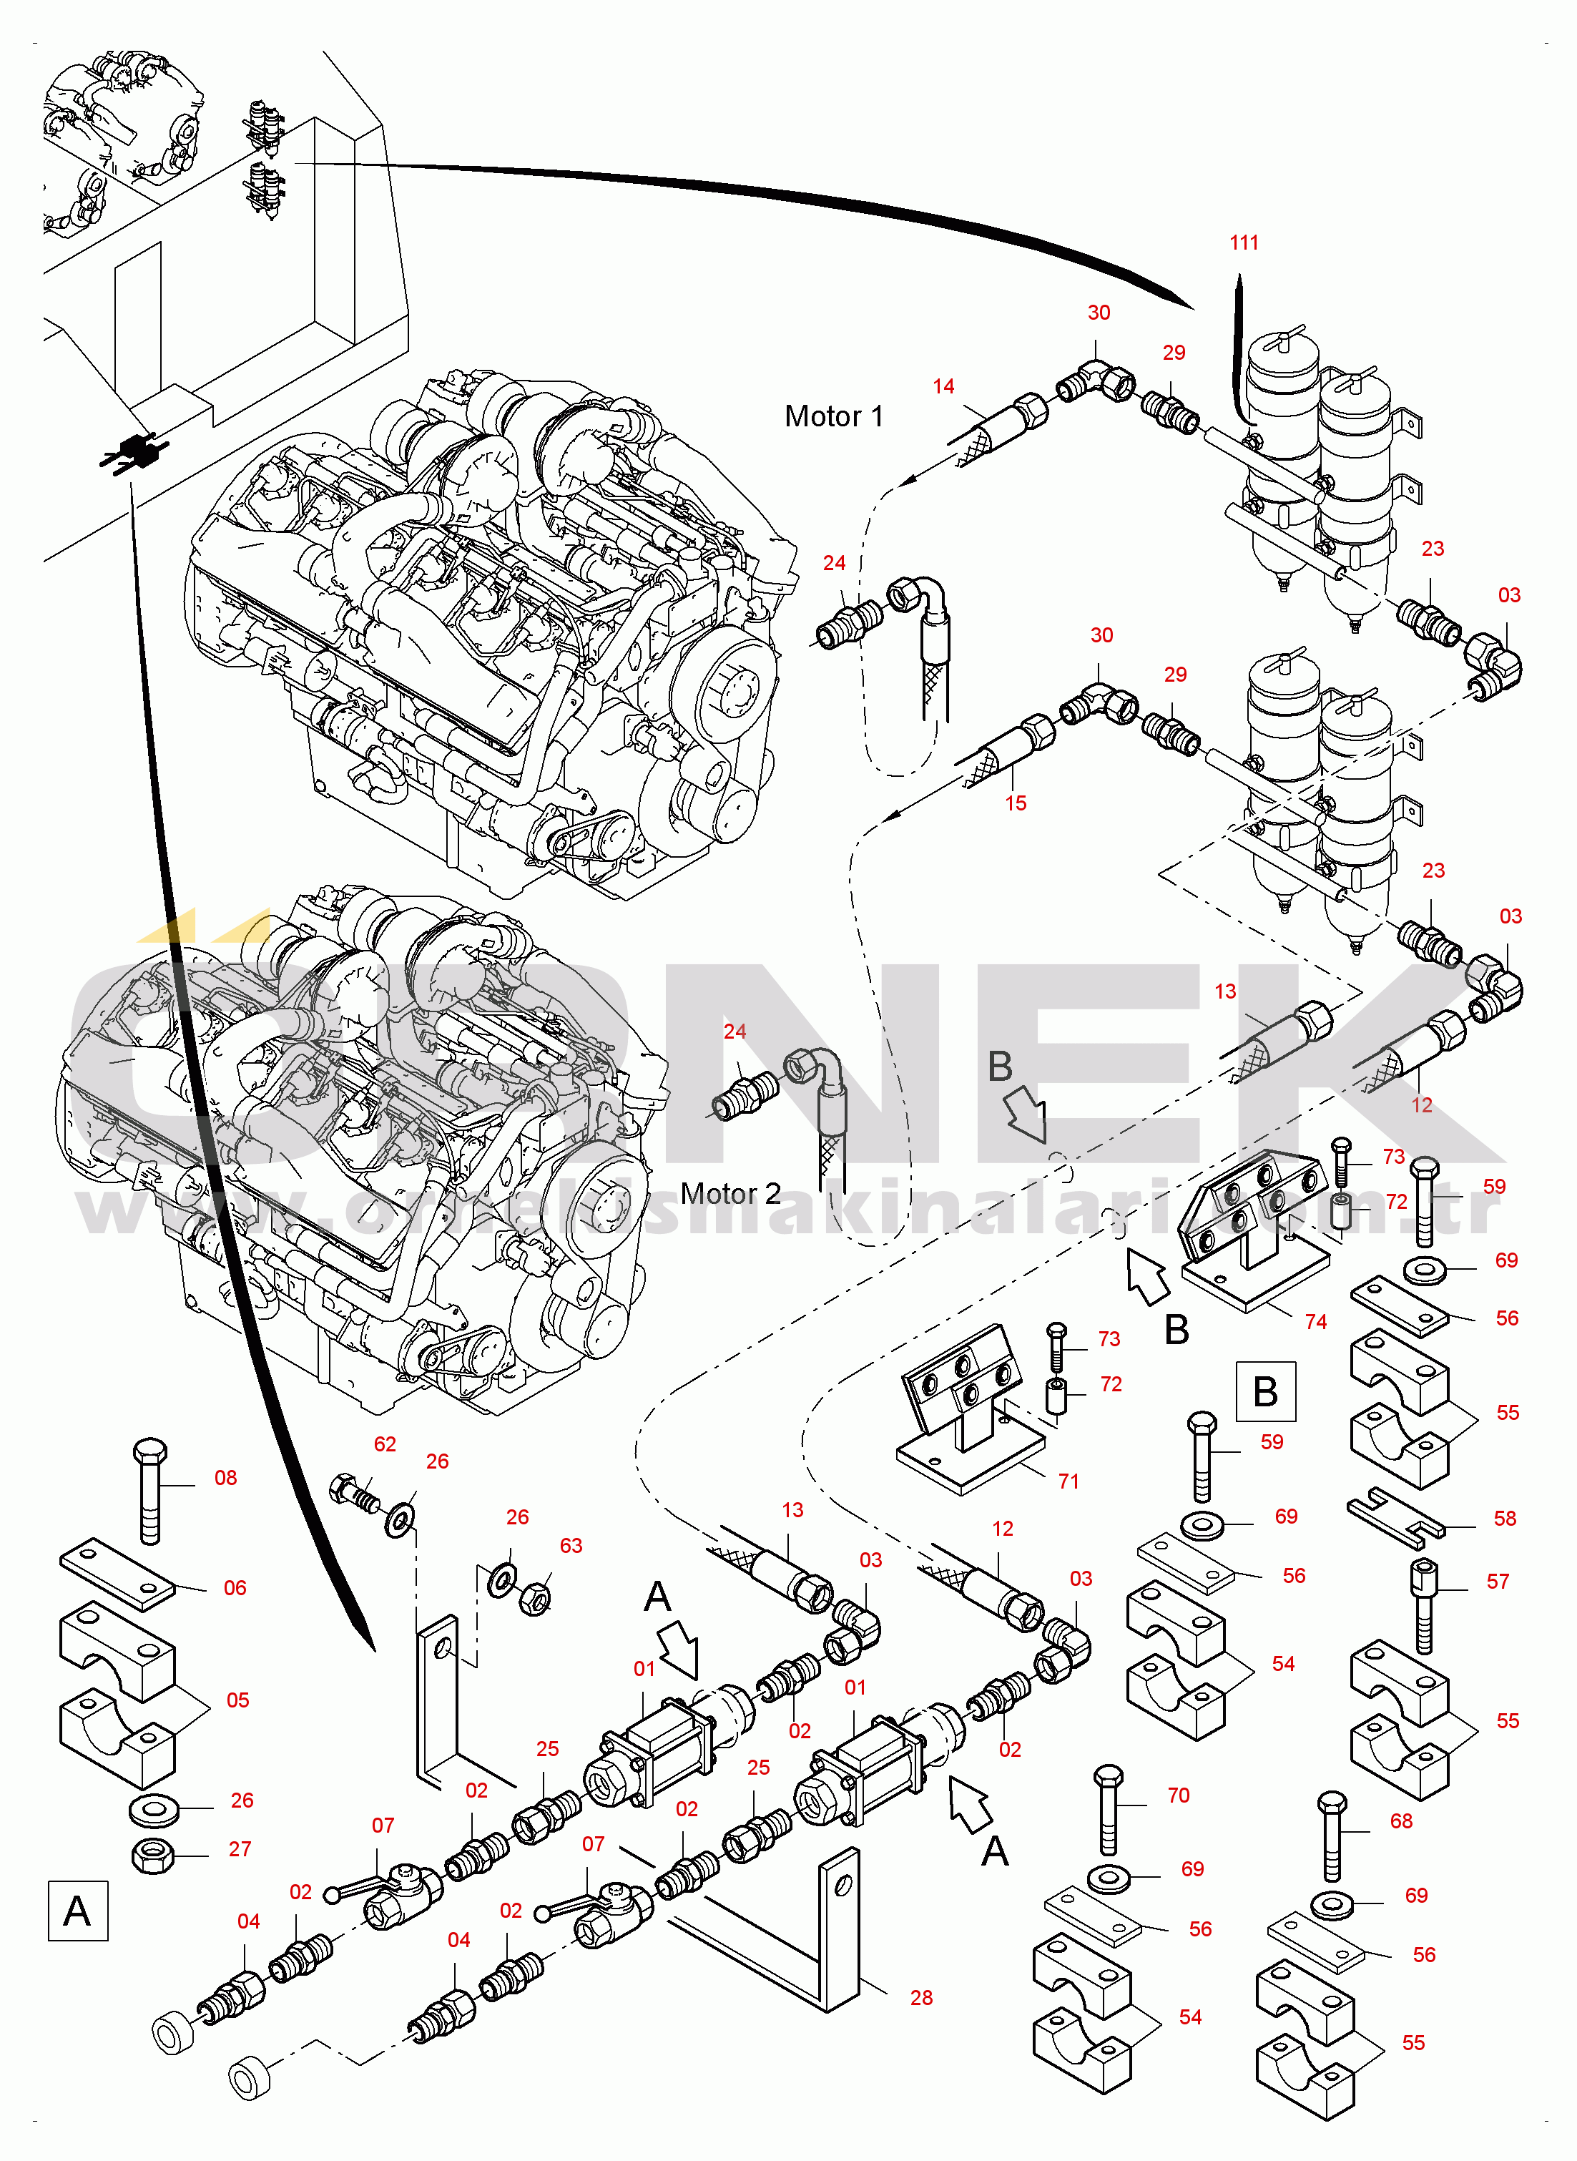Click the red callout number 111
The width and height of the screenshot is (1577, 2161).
[1244, 242]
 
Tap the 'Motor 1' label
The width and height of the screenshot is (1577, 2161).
[833, 416]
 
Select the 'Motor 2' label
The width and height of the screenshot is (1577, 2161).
[730, 1193]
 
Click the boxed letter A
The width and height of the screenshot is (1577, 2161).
[77, 1911]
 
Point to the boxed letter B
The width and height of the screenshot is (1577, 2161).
[1266, 1392]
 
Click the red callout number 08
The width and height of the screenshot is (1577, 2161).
[225, 1478]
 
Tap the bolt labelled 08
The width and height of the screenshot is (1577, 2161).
[151, 1490]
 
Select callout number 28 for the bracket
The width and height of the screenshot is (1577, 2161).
[921, 1998]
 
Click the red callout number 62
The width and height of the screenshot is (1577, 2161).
[385, 1444]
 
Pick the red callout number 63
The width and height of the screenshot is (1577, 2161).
[571, 1545]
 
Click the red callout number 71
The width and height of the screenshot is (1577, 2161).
[1068, 1481]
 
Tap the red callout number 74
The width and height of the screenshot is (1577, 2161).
[1315, 1322]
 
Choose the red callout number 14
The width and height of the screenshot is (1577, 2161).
[943, 386]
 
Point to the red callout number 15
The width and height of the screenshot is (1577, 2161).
[1016, 804]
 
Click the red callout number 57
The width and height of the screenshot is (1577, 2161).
[1498, 1582]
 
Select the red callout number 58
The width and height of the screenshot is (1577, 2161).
[1505, 1519]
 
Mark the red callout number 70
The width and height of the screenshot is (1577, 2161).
[1178, 1795]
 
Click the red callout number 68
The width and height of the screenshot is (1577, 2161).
[1400, 1821]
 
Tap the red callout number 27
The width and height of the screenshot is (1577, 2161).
[240, 1849]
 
